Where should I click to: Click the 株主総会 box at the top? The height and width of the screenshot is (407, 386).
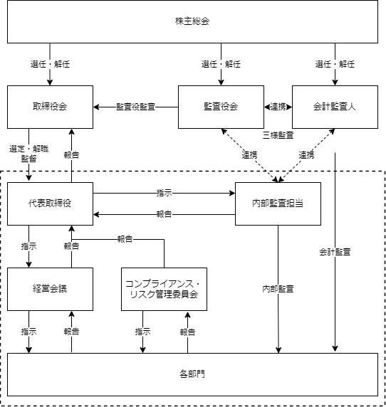[x=192, y=21]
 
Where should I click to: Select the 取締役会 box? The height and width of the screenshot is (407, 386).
[x=50, y=107]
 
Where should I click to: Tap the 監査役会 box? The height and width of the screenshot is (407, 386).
[x=221, y=107]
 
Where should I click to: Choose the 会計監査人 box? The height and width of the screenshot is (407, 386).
[x=335, y=107]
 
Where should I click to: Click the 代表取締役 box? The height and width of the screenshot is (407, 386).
[x=50, y=203]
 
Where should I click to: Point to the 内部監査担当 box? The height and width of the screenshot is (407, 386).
[x=278, y=203]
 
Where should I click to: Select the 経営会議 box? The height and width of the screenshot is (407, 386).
[x=50, y=289]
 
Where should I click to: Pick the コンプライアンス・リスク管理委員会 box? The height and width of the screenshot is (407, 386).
[x=165, y=289]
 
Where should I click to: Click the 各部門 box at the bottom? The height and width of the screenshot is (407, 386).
[x=192, y=374]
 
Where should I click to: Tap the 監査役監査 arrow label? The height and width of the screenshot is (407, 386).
[x=135, y=107]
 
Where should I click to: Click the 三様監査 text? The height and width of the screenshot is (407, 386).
[x=278, y=135]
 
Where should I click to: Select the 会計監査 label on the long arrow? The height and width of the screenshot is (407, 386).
[x=335, y=252]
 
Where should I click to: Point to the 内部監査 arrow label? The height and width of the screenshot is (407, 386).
[x=278, y=289]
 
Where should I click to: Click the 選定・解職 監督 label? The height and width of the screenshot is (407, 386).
[x=28, y=154]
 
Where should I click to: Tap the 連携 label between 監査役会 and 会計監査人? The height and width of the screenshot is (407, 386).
[x=278, y=107]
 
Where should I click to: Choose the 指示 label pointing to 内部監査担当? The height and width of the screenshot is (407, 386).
[x=165, y=193]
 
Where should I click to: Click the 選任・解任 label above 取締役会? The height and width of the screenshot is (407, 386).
[x=50, y=64]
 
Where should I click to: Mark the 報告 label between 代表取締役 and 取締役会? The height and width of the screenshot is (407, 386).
[x=71, y=155]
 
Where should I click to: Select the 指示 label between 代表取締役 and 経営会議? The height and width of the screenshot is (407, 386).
[x=28, y=246]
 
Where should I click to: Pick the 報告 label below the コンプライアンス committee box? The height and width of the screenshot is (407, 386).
[x=187, y=332]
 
